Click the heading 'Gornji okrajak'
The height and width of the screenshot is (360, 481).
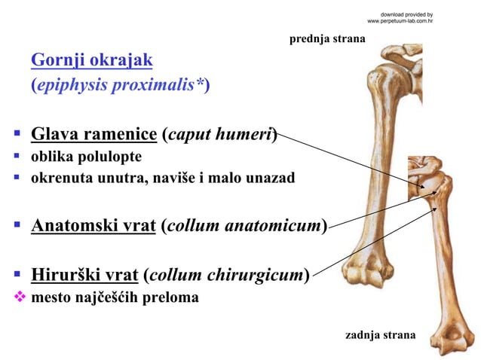pyautogui.click(x=92, y=59)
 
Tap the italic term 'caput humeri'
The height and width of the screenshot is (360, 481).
pyautogui.click(x=220, y=136)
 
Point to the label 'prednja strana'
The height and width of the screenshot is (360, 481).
pyautogui.click(x=326, y=38)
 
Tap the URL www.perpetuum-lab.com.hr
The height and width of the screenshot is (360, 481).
pyautogui.click(x=399, y=21)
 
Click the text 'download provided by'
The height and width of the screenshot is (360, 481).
pyautogui.click(x=406, y=14)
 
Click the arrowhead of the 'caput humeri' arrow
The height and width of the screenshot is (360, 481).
pyautogui.click(x=427, y=188)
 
